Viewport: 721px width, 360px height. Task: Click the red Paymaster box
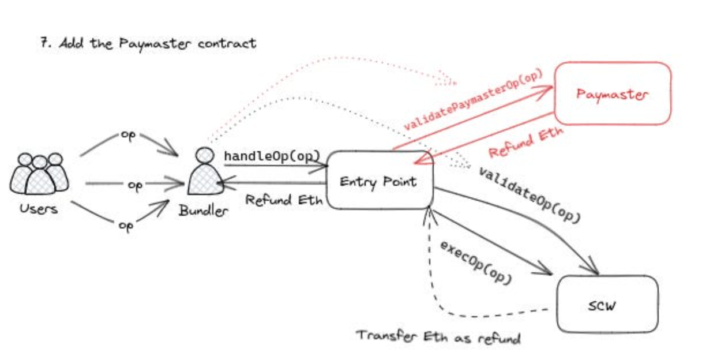pos(613,93)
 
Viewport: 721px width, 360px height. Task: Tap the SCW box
pos(607,304)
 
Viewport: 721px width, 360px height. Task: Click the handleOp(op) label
pos(272,156)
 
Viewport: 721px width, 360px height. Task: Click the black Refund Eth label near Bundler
pos(284,200)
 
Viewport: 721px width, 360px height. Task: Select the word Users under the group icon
pos(39,208)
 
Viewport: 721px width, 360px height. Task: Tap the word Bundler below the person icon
pos(203,211)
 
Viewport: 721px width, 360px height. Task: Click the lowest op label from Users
pos(126,226)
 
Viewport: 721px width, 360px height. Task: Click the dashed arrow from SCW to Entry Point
pos(438,294)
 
